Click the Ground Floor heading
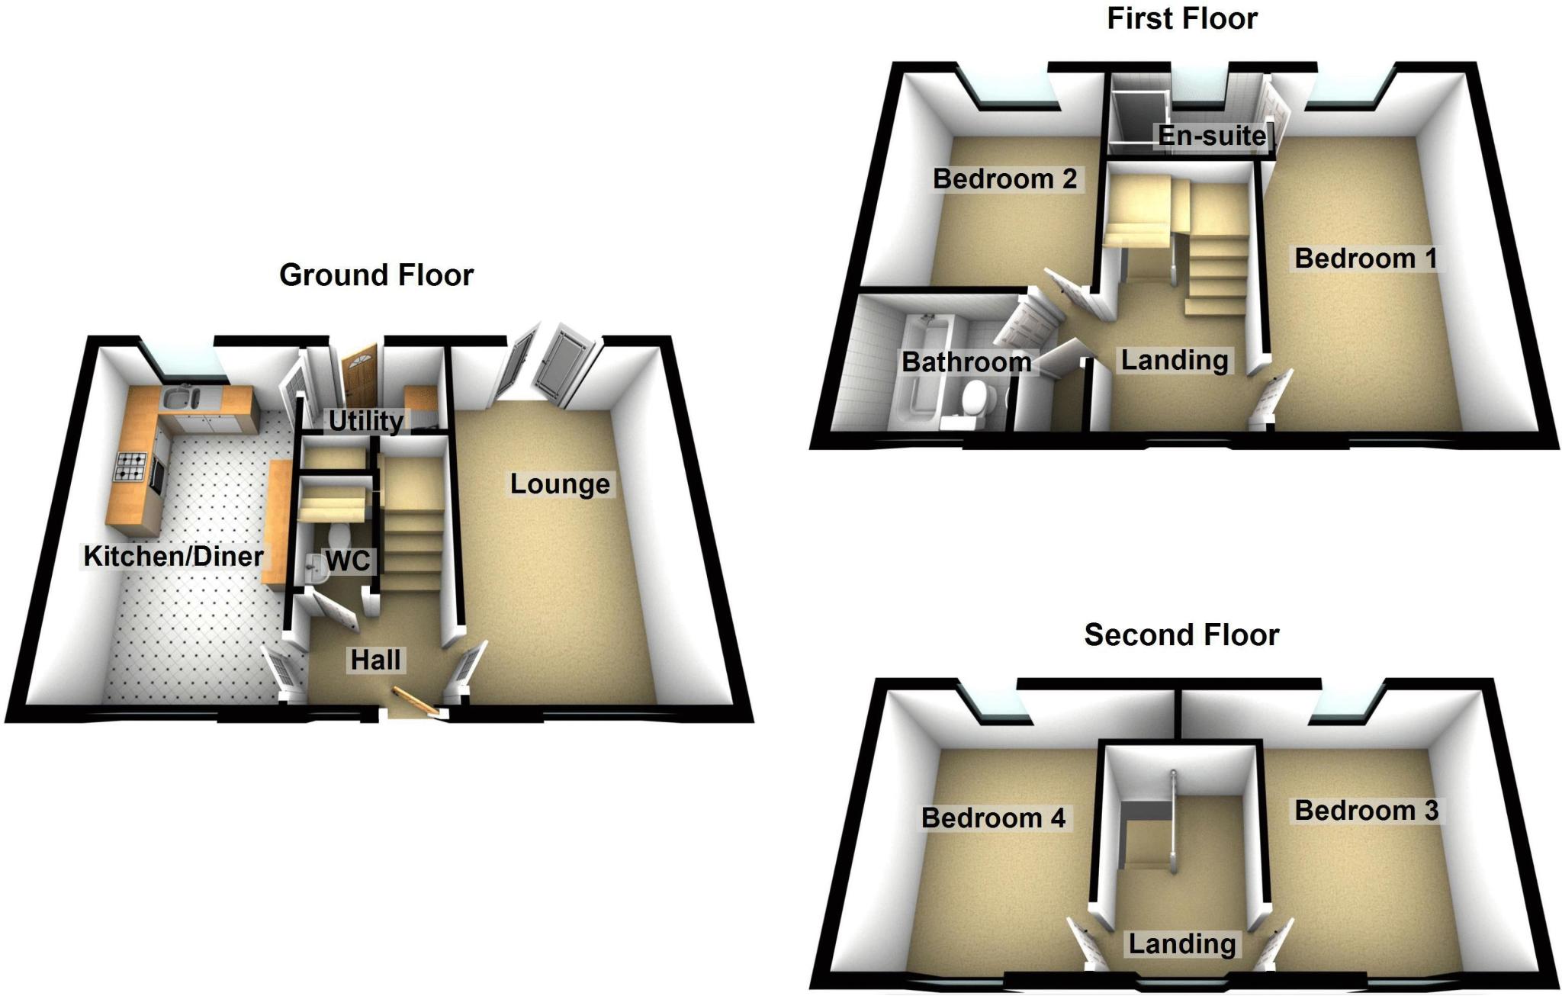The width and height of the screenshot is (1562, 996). click(x=376, y=275)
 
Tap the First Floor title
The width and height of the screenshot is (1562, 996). click(x=1181, y=19)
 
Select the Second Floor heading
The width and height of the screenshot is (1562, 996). click(x=1181, y=635)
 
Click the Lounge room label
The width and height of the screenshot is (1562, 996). click(x=560, y=484)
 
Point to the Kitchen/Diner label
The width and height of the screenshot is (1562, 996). click(x=174, y=556)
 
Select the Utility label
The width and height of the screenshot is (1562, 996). click(x=366, y=420)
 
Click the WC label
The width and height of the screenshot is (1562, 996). click(x=348, y=561)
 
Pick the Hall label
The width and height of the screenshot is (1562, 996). click(x=375, y=660)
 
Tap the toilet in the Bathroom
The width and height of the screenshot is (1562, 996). click(x=973, y=399)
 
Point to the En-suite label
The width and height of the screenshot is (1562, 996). click(x=1212, y=136)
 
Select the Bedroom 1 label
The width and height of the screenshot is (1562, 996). click(x=1365, y=259)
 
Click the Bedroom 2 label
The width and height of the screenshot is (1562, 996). click(x=1004, y=179)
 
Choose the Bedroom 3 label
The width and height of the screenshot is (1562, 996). click(x=1366, y=810)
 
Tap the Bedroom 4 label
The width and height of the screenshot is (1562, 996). click(x=993, y=818)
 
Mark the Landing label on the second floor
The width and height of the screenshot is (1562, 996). click(x=1181, y=943)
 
